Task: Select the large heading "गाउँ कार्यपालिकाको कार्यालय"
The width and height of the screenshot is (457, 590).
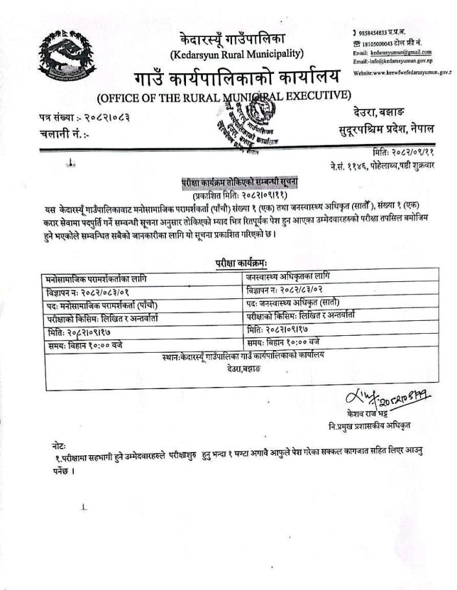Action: [x=237, y=78]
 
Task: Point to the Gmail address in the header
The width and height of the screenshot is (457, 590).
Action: [x=392, y=52]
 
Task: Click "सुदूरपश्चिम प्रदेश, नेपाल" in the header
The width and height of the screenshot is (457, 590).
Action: [x=386, y=129]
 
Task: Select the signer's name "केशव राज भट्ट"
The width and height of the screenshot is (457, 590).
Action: [x=369, y=412]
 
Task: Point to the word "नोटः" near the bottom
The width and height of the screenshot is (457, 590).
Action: [x=58, y=447]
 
